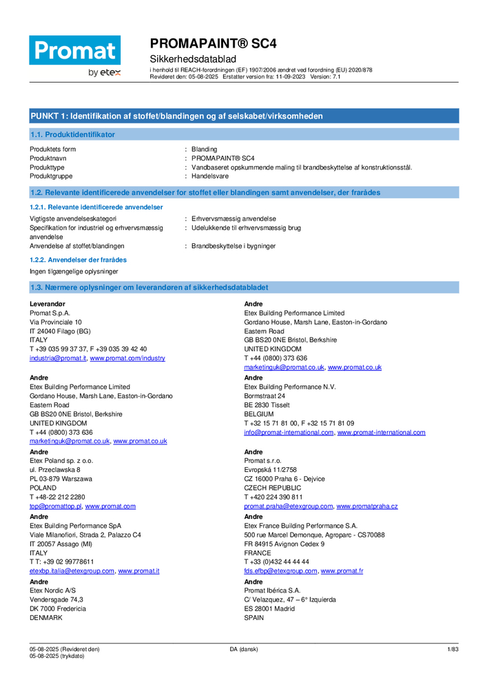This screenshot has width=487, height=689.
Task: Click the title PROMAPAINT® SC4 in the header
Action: click(x=213, y=43)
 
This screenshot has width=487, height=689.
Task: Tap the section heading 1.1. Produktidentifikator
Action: click(x=72, y=134)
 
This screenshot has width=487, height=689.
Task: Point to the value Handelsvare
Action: click(x=210, y=176)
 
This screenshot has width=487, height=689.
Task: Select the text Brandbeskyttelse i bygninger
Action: click(x=234, y=246)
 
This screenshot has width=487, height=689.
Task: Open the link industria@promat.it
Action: click(x=58, y=358)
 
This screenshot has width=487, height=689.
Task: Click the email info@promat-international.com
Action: click(x=289, y=433)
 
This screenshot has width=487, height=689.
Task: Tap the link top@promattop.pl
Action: click(x=55, y=506)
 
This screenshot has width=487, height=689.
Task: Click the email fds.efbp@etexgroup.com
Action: click(x=280, y=571)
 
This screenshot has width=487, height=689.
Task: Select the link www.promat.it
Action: click(x=138, y=571)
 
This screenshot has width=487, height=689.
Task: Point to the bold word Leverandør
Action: click(x=48, y=304)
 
